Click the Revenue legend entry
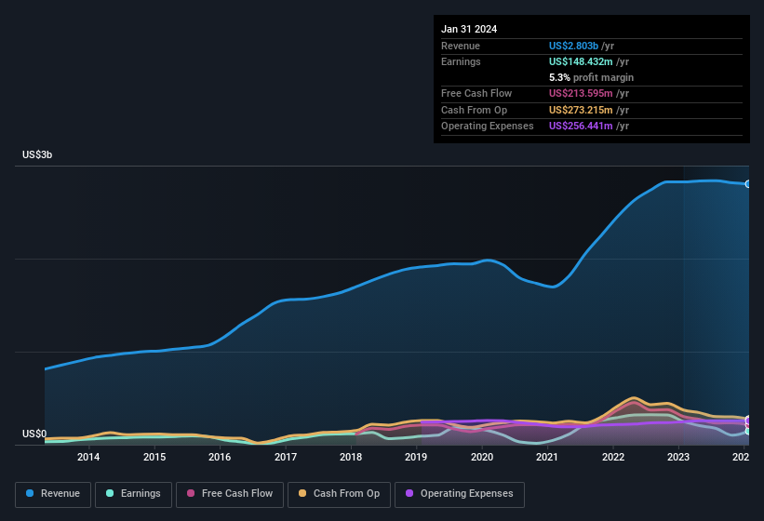[x=53, y=494]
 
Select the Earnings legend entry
[x=134, y=494]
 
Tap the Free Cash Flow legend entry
[x=230, y=494]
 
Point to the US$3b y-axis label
[x=37, y=154]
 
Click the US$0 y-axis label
[x=34, y=434]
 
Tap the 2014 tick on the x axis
[x=88, y=457]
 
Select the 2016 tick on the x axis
[x=220, y=457]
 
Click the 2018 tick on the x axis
[x=351, y=457]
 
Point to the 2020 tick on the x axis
[x=482, y=457]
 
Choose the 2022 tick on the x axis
[x=613, y=457]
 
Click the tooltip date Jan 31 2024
[x=469, y=29]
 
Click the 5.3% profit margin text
[x=592, y=77]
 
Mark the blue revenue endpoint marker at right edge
[x=747, y=184]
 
